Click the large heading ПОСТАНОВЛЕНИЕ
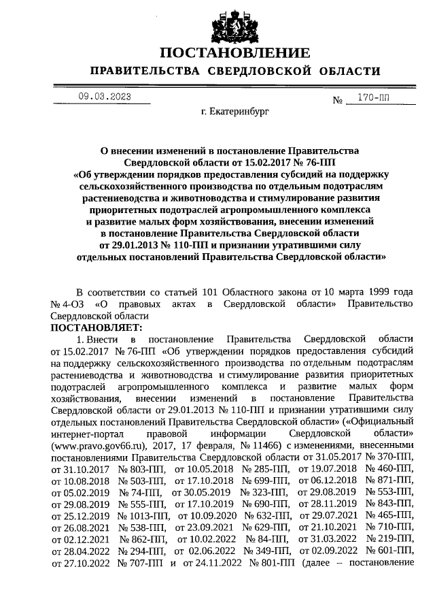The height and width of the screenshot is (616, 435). click(x=234, y=53)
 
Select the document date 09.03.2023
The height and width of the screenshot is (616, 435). click(x=104, y=97)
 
